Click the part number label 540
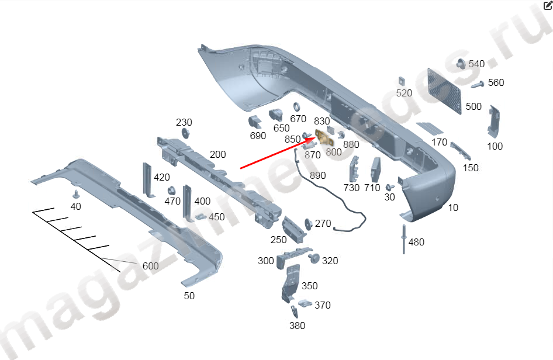pos(476,64)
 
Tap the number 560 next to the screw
pos(496,83)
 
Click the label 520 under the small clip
pos(404,93)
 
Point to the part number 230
pos(184,123)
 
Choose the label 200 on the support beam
pos(217,155)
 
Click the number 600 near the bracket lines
pos(150,266)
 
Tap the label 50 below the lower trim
pos(189,296)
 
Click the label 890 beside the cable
pos(318,175)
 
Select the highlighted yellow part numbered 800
pos(323,137)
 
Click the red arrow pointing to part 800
pos(275,153)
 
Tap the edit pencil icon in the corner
pos(548,6)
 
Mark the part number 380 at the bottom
pos(297,326)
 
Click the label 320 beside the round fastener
pos(330,261)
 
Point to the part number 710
pos(372,188)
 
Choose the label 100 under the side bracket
pos(495,146)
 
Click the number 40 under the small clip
pos(76,207)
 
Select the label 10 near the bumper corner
pos(454,207)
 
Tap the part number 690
pos(258,136)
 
